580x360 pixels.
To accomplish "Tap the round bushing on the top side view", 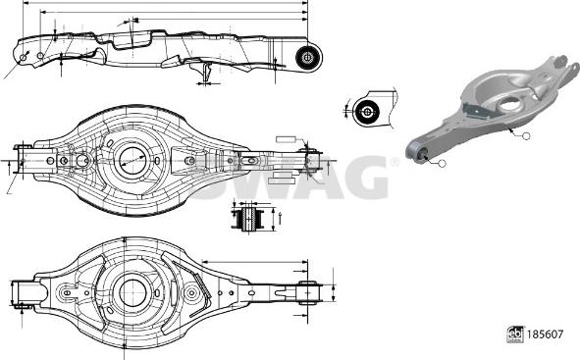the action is [x=308, y=56].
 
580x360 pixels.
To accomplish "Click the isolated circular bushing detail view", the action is [x=368, y=111].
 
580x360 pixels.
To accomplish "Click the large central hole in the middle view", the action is [x=131, y=159].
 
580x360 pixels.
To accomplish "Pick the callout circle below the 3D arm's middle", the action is [x=525, y=134].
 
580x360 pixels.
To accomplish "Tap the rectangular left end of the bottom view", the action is [x=27, y=292].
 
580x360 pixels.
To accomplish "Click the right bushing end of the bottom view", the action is [x=308, y=292].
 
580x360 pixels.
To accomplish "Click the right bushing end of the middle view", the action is [x=312, y=160].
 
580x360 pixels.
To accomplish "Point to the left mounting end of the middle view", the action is [x=26, y=160].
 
